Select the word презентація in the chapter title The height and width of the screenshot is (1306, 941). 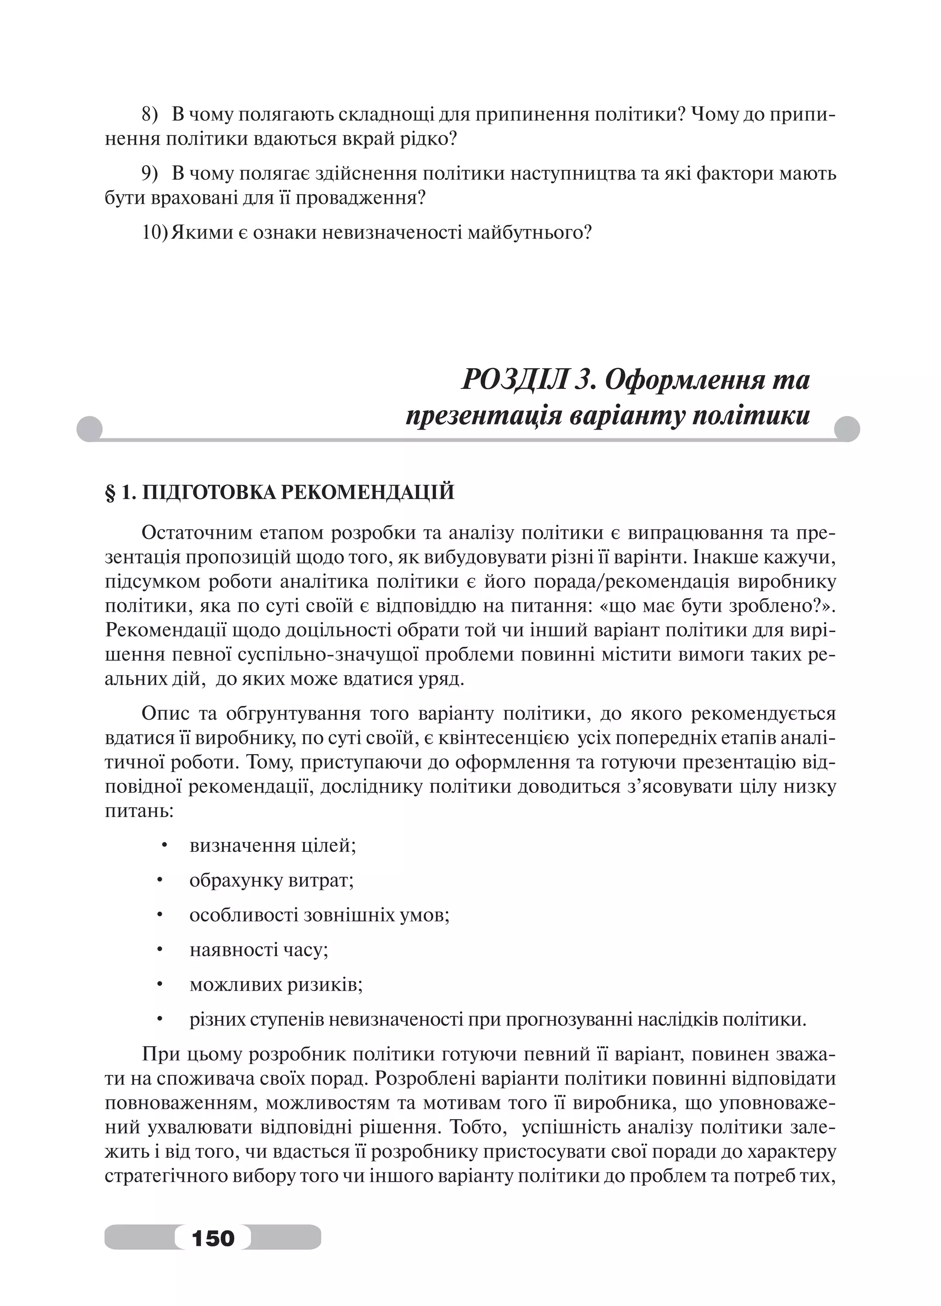483,416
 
